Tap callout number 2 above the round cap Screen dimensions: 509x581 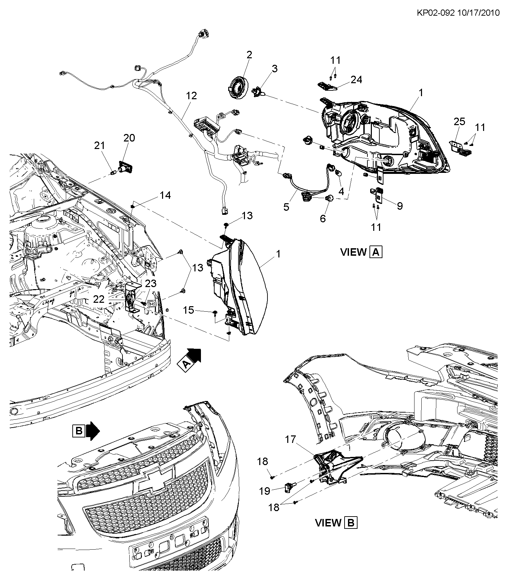click(249, 55)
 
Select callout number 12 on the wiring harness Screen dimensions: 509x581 click(191, 96)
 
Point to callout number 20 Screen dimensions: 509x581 click(129, 138)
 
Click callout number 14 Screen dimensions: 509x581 click(165, 195)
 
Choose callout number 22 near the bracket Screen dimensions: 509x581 click(99, 299)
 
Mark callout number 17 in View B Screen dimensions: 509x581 click(291, 440)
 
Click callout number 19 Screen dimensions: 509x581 click(265, 491)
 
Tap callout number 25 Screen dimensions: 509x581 click(460, 121)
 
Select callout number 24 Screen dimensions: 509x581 click(356, 79)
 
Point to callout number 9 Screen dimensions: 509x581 click(400, 206)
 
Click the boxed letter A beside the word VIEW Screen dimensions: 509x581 click(376, 252)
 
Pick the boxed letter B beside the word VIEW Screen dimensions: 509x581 click(351, 523)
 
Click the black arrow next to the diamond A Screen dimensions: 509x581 click(194, 355)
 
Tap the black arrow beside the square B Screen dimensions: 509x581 click(92, 431)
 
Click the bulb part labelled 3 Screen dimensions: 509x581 click(258, 92)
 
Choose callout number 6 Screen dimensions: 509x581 click(323, 218)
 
